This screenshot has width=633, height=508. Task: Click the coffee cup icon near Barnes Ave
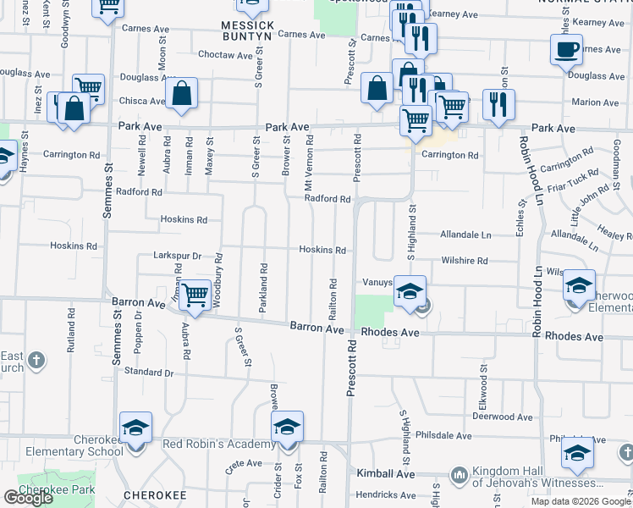pos(566,48)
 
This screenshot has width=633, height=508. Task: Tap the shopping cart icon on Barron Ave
pos(195,295)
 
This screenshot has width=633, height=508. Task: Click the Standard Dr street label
pos(148,372)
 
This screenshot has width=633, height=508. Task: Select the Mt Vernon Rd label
pos(310,163)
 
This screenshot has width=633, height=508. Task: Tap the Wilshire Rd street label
pos(464,262)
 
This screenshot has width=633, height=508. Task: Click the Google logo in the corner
pos(29,498)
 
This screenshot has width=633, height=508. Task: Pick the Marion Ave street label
pos(595,102)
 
